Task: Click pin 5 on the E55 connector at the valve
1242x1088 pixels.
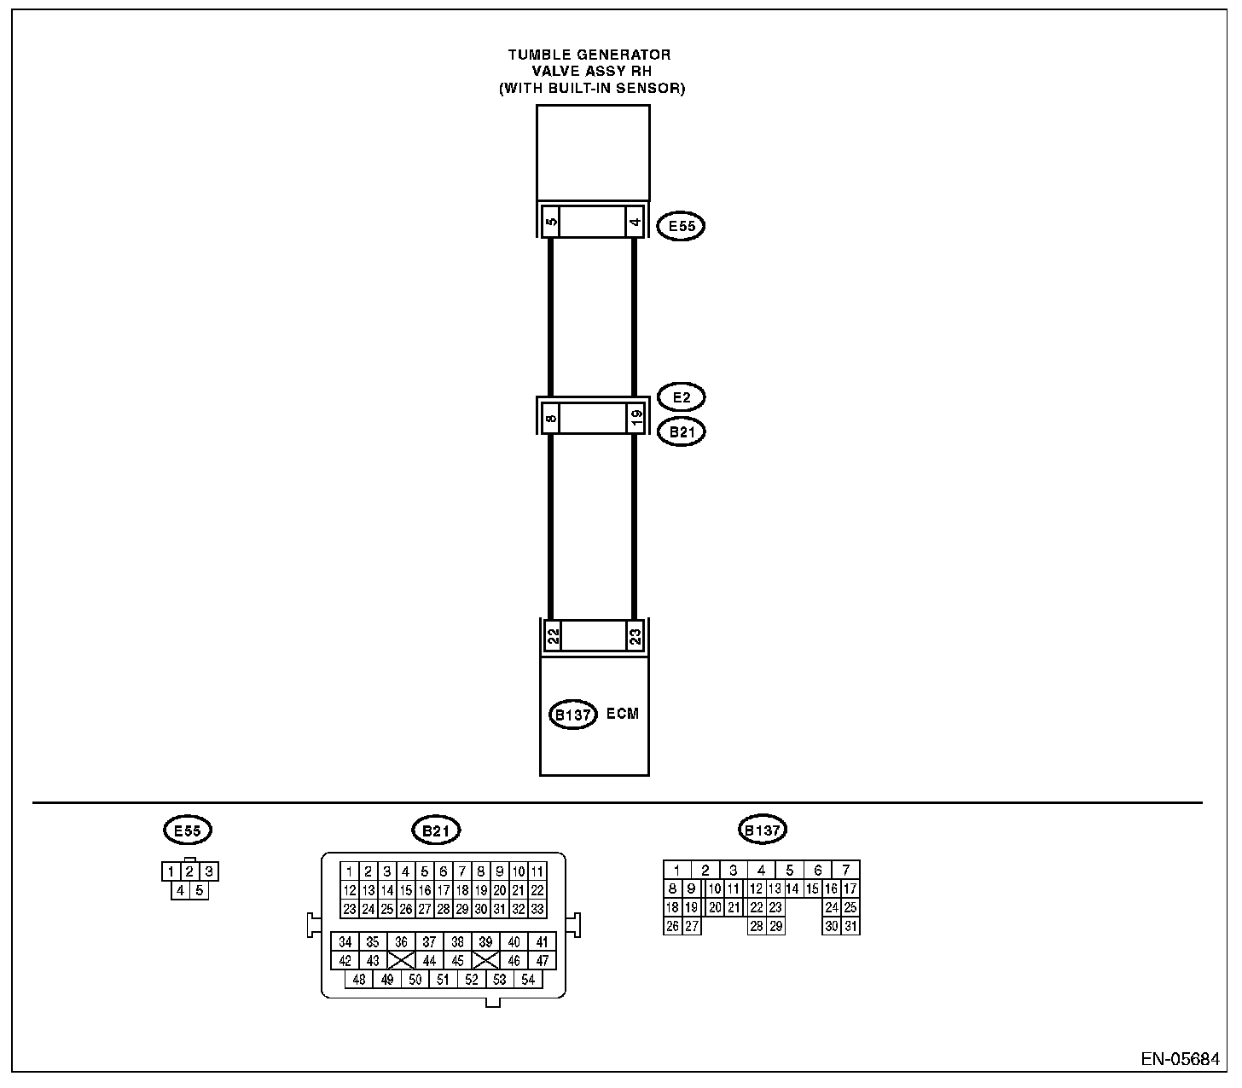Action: pyautogui.click(x=551, y=222)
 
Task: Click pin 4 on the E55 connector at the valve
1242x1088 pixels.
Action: pyautogui.click(x=635, y=222)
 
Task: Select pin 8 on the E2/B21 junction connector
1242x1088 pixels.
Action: pyautogui.click(x=551, y=418)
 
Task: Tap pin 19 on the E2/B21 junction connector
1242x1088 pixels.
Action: pyautogui.click(x=636, y=418)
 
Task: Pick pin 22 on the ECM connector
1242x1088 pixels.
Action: pyautogui.click(x=553, y=635)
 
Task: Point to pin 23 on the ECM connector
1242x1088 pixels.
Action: pyautogui.click(x=635, y=635)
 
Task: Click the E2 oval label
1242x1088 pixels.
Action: pyautogui.click(x=681, y=397)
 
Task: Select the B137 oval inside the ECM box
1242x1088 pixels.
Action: pyautogui.click(x=572, y=715)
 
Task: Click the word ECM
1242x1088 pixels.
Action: pyautogui.click(x=622, y=714)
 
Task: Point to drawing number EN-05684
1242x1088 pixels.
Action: pyautogui.click(x=1180, y=1059)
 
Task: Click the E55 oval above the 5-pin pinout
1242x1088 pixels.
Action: pyautogui.click(x=188, y=830)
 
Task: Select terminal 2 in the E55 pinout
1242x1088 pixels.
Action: pyautogui.click(x=190, y=871)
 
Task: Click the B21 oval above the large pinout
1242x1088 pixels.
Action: pyautogui.click(x=436, y=830)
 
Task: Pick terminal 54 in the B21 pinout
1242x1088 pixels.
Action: pyautogui.click(x=528, y=980)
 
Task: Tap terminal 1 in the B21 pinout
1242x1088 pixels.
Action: pyautogui.click(x=350, y=871)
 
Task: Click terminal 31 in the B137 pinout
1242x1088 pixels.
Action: pyautogui.click(x=850, y=926)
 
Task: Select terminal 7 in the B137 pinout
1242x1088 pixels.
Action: pyautogui.click(x=846, y=870)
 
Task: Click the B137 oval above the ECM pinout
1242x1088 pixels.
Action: pyautogui.click(x=762, y=830)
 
